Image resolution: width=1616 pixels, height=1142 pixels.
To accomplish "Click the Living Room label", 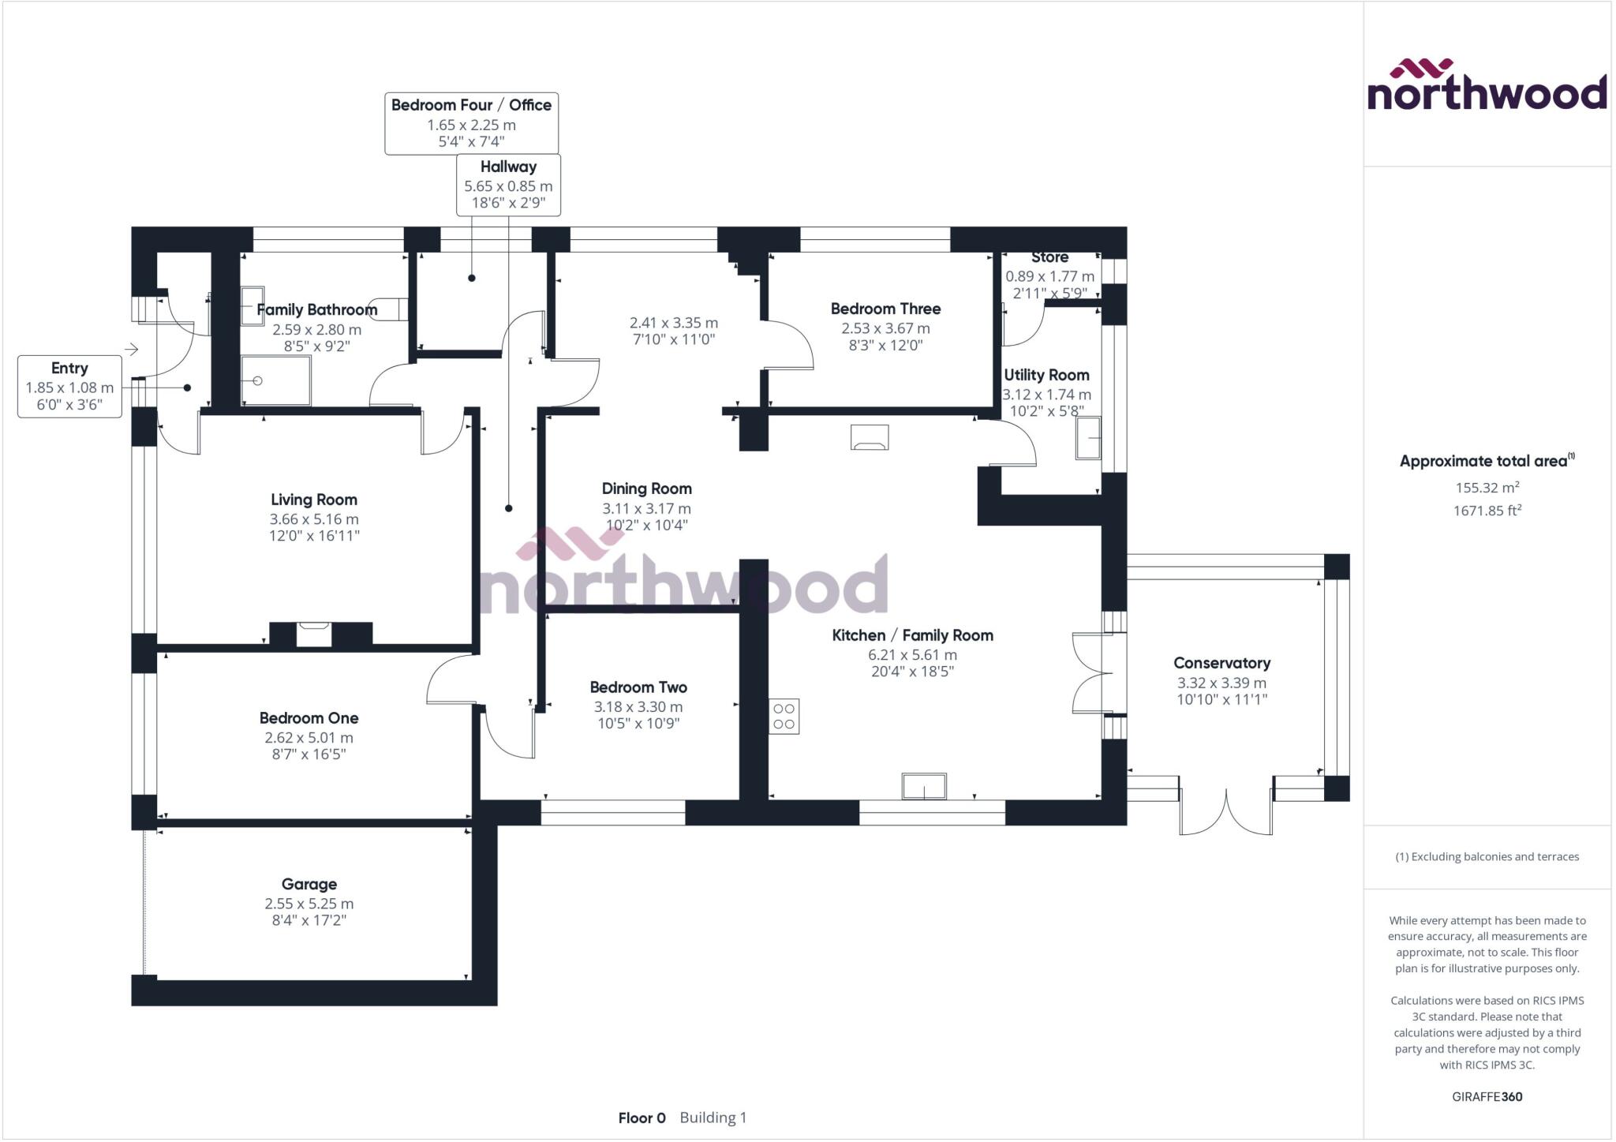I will tap(314, 500).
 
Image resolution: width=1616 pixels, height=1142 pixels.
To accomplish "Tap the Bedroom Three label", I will tap(885, 309).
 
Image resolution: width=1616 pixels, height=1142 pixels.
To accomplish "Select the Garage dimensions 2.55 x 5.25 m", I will tap(309, 904).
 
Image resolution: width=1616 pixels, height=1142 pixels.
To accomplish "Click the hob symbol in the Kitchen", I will tap(784, 717).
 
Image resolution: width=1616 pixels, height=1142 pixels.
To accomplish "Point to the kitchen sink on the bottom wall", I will tap(924, 786).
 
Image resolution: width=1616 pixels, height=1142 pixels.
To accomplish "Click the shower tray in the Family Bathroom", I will tap(275, 381).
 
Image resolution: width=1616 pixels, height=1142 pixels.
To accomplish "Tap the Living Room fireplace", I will tap(313, 634).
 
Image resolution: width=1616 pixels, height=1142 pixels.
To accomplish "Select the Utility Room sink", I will tap(1088, 438).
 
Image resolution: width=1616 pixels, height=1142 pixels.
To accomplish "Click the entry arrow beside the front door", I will tap(132, 349).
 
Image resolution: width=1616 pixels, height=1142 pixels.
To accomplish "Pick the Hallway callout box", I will tap(508, 185).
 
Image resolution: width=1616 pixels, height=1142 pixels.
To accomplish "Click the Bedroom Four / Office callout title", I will tap(471, 105).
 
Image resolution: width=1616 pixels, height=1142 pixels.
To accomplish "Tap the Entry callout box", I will tap(69, 387).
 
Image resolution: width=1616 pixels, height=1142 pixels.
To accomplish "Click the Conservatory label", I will tap(1221, 663).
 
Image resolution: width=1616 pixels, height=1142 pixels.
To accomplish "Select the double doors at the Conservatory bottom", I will tap(1225, 811).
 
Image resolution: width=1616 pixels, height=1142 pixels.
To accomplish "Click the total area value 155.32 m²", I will tap(1487, 488).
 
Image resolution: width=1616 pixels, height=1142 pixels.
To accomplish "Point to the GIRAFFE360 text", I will tap(1487, 1096).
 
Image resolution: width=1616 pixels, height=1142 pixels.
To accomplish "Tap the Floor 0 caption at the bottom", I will tap(642, 1118).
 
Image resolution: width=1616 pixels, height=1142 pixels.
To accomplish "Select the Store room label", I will tap(1049, 257).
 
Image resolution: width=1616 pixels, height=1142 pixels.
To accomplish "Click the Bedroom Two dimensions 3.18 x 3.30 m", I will tap(638, 707).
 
